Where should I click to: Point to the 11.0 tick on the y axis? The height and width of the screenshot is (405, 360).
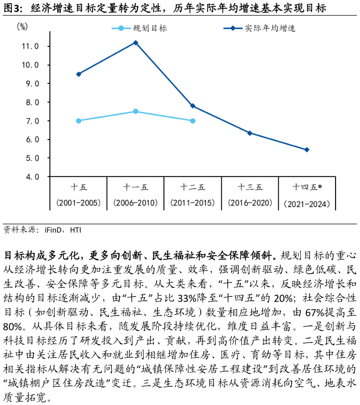tap(30, 46)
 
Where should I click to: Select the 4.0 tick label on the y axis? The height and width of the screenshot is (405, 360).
tap(30, 177)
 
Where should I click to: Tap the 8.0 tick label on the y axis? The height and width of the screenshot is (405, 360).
tap(30, 103)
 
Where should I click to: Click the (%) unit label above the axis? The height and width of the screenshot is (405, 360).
tap(22, 27)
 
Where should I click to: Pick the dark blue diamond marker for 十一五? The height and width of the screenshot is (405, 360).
tap(136, 43)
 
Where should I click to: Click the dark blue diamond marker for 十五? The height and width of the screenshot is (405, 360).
tap(79, 74)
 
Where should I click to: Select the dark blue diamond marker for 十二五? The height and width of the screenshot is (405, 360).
tap(192, 106)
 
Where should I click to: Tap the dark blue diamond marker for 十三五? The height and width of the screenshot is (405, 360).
tap(250, 133)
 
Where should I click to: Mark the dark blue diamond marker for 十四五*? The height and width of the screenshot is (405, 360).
tap(307, 149)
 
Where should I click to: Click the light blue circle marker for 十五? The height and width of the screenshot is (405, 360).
tap(79, 121)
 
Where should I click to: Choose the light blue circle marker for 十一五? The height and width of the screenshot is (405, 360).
tap(136, 111)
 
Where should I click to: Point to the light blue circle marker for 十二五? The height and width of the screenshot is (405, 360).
tap(192, 121)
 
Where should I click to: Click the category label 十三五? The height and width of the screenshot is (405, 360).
tap(250, 187)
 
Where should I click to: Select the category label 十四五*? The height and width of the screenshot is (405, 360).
tap(307, 187)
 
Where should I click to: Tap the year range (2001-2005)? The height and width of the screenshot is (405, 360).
tap(79, 203)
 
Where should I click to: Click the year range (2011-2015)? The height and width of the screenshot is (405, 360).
tap(192, 203)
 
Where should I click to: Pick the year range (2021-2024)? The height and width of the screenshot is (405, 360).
tap(307, 204)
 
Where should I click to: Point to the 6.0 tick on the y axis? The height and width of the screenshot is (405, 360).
tap(30, 140)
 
